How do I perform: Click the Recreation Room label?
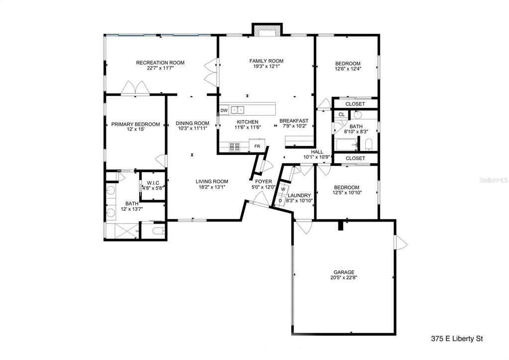click(x=160, y=63)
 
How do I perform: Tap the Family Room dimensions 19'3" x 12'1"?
click(x=266, y=66)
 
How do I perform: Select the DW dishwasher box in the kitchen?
click(x=224, y=111)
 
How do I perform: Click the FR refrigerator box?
click(x=257, y=146)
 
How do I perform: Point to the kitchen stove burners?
click(x=234, y=147)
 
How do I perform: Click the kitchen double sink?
click(x=237, y=110)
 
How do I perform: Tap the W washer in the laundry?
click(x=283, y=189)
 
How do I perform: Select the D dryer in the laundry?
click(x=280, y=201)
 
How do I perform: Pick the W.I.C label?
click(x=153, y=183)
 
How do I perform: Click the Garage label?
click(x=344, y=272)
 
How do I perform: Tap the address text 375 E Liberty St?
click(x=457, y=339)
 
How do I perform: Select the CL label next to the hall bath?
click(x=341, y=115)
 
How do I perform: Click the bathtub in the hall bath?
click(x=346, y=144)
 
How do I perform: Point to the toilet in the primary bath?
click(x=158, y=232)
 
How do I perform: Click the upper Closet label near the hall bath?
click(x=355, y=104)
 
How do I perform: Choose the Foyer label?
click(x=263, y=182)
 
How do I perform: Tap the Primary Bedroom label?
click(x=135, y=124)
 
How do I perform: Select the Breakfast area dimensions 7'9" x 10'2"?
click(x=294, y=126)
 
